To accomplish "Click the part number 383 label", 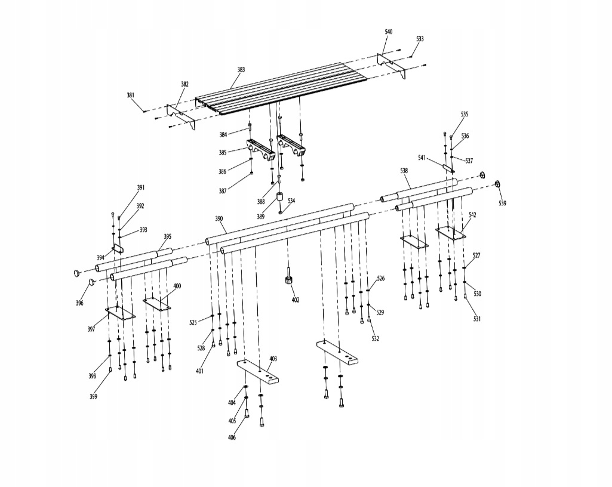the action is coord(241,70).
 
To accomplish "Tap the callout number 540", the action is coord(389,31).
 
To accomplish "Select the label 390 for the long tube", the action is coord(219,219).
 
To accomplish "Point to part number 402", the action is coord(296,300).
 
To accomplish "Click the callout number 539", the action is coord(502,204).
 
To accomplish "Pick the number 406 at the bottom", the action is coord(232,437).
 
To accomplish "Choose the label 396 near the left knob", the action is coord(79,303).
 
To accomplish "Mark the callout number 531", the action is coord(476,319).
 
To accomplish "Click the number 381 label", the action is coord(131,95).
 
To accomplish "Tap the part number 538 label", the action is coord(404,171).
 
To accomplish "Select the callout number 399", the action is coord(94,396).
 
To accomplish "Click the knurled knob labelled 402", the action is coord(288,280).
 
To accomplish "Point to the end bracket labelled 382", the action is coord(180,116).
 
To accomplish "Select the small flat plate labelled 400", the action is coord(156,303).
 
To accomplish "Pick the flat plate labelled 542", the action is coord(451,232).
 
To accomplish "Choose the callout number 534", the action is coord(291,201).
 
